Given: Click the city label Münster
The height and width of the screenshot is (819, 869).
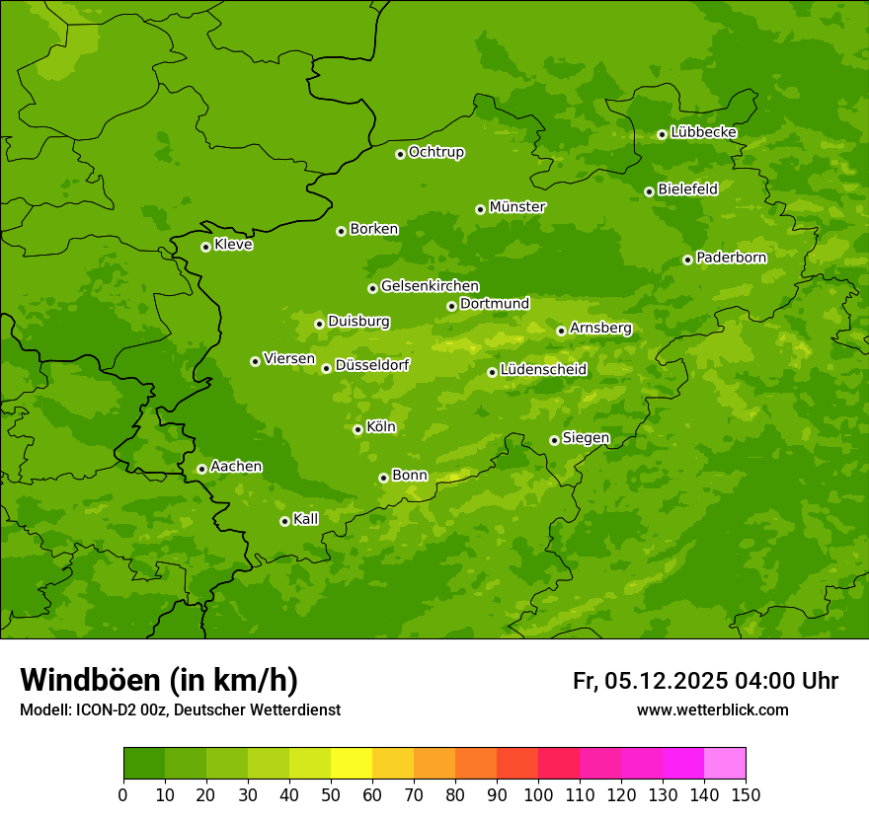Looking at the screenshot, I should pos(517,207).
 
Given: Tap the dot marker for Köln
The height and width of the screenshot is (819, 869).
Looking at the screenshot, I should pos(357,429).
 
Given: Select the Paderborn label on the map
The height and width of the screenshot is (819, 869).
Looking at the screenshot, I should pos(732,258).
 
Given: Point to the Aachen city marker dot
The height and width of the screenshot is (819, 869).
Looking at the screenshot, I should pos(201,469).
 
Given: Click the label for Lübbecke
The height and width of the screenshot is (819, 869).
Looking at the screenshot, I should pos(703,132).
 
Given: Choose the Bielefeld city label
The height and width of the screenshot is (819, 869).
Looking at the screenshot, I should pos(687,189).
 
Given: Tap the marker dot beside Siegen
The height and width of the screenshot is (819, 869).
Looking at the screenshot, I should pos(554,440).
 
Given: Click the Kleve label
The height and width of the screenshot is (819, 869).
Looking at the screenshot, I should pos(233,245).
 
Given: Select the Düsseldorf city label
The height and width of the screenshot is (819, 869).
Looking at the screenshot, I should pos(372,365).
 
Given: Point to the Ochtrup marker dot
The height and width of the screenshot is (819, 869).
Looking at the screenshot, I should pos(400,154).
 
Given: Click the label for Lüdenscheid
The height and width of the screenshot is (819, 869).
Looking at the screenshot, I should pos(543,370).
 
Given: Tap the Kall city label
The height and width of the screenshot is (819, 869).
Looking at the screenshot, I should pos(306,519).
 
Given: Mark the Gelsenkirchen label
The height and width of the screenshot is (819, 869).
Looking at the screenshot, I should pos(430,286).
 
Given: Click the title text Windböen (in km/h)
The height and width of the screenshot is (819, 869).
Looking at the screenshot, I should pos(159,680).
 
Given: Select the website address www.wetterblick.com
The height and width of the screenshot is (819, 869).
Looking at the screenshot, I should pos(713,709).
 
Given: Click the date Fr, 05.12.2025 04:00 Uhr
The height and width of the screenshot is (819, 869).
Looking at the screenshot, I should pos(705,681).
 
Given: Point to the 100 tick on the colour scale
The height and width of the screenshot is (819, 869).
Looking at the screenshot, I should pos(538,793).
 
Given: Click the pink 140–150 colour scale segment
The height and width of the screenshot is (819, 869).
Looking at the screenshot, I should pos(725,764).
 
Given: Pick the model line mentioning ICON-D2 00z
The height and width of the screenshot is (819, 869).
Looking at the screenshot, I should pos(180,709).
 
